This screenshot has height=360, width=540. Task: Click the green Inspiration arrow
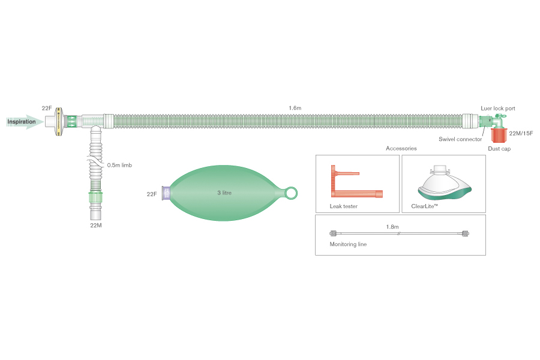(25, 122)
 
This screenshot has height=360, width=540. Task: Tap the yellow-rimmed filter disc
(59, 122)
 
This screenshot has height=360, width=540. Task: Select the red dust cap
(499, 135)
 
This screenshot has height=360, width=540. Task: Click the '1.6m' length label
(295, 108)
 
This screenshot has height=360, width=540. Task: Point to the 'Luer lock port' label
(498, 109)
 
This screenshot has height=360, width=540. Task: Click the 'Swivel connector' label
(460, 139)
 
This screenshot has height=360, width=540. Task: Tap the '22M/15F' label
(521, 133)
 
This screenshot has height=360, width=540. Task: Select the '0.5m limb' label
(119, 166)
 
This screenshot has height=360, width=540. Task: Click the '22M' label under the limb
(96, 226)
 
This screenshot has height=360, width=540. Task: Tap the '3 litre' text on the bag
(224, 193)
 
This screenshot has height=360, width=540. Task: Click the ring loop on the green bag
(291, 193)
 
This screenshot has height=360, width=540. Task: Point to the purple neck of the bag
(166, 193)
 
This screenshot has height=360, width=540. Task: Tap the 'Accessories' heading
(401, 148)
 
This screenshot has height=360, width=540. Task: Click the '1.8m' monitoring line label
(392, 227)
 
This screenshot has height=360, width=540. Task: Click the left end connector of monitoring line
(333, 233)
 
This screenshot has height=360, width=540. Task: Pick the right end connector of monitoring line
(466, 233)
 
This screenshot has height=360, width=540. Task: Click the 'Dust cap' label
(499, 149)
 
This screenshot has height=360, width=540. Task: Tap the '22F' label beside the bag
(152, 194)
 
